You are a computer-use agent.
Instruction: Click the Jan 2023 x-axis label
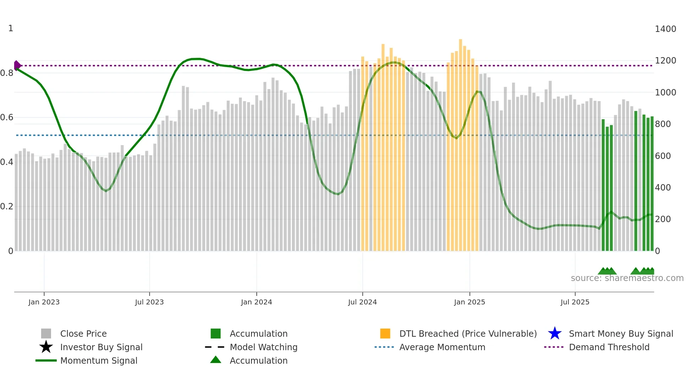44,302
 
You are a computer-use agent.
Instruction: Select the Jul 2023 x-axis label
149,302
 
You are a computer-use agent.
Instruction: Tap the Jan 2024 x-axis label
256,302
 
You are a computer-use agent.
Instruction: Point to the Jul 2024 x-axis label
362,302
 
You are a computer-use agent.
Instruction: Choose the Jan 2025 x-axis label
469,302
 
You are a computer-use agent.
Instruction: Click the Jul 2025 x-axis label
575,302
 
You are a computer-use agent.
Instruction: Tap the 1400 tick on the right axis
666,29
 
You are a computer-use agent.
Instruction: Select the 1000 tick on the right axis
666,93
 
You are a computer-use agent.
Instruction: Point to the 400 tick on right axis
663,188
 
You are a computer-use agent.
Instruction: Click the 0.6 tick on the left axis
7,117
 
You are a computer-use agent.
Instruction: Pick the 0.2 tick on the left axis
7,206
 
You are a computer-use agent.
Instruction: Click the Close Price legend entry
83,334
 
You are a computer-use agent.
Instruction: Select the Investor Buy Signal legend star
46,347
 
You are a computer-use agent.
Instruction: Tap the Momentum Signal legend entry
99,361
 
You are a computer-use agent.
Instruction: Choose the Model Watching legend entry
263,347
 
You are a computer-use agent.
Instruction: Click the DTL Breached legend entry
468,334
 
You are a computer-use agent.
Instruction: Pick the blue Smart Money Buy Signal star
555,334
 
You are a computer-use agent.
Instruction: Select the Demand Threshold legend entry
609,347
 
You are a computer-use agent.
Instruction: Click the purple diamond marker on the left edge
17,66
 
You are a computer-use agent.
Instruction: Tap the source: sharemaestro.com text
627,278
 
